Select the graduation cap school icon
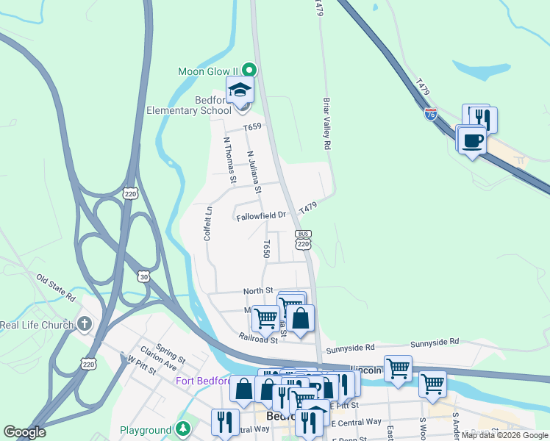pyautogui.click(x=240, y=91)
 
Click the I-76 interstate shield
pyautogui.click(x=431, y=114)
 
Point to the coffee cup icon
pyautogui.click(x=471, y=140)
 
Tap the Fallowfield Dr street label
pyautogui.click(x=261, y=216)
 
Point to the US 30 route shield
pyautogui.click(x=143, y=276)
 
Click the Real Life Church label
pyautogui.click(x=37, y=325)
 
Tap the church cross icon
pyautogui.click(x=85, y=323)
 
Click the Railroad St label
pyautogui.click(x=257, y=339)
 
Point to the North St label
pyautogui.click(x=258, y=291)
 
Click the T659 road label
pyautogui.click(x=253, y=127)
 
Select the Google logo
pyautogui.click(x=24, y=432)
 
